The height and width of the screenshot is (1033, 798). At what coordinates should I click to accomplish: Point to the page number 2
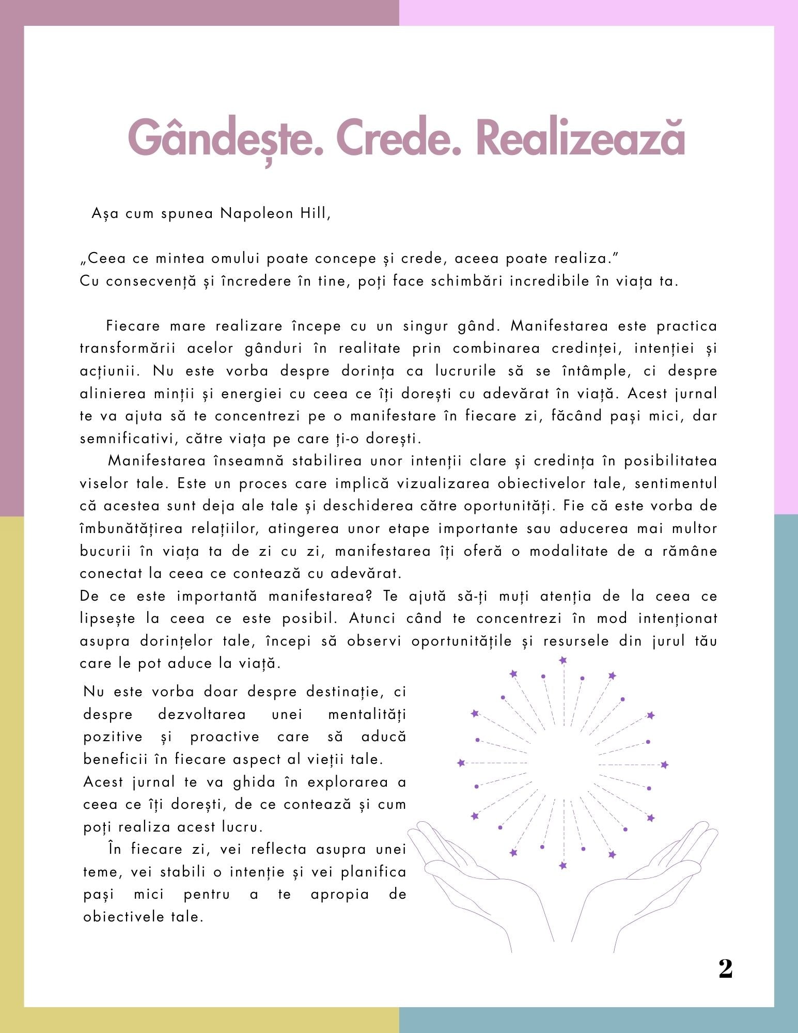point(725,969)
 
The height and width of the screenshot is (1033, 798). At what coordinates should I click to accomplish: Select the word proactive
point(225,737)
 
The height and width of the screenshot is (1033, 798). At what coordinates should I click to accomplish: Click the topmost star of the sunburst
point(563,660)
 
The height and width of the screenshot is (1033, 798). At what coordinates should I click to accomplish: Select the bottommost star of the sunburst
point(563,866)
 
